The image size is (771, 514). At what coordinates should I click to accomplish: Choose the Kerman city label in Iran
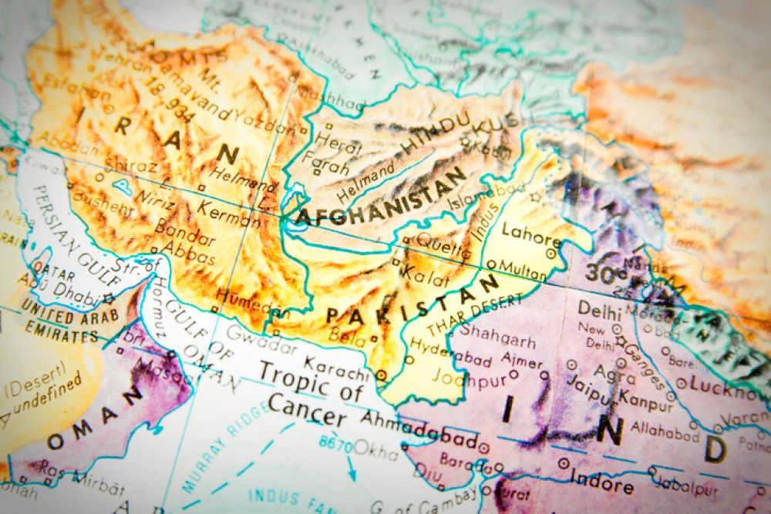tap(228, 213)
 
